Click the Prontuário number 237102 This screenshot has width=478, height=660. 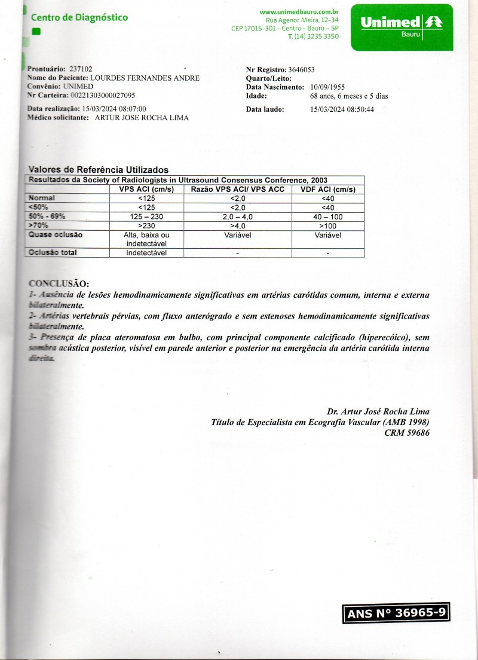(81, 69)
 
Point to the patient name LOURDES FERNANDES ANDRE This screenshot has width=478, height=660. (145, 78)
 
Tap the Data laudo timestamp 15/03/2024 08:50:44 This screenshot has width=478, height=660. (342, 109)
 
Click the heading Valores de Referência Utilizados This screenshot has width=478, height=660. (99, 170)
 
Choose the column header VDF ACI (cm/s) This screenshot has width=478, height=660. (328, 190)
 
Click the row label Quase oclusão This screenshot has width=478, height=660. (56, 235)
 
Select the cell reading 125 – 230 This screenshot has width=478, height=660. (146, 216)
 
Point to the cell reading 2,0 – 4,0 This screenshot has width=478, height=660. (238, 216)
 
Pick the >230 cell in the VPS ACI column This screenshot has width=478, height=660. (146, 225)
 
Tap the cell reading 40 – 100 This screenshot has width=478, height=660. (328, 216)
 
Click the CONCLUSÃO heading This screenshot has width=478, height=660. (59, 283)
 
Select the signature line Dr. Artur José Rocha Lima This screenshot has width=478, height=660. (378, 412)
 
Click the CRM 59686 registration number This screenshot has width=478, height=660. (407, 432)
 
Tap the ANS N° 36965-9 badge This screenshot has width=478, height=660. (396, 613)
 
